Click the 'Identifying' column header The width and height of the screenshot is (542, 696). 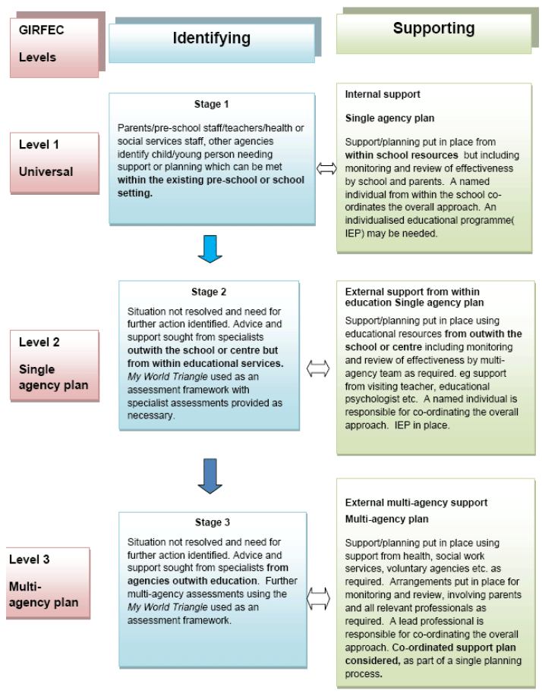212,39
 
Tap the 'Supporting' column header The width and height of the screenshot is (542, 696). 433,28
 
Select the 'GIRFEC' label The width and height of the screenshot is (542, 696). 41,30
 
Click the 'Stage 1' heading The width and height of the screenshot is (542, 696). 212,105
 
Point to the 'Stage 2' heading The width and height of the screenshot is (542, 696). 209,292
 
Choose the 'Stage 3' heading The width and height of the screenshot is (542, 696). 213,522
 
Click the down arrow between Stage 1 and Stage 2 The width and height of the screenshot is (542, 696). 210,249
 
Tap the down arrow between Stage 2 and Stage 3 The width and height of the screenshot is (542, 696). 210,476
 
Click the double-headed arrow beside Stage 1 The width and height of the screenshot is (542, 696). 326,168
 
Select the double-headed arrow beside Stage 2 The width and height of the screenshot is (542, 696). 318,368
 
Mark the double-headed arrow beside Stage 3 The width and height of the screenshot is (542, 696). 319,598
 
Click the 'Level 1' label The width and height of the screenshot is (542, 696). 39,145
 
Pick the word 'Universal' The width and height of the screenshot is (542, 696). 46,172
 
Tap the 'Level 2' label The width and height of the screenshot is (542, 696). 39,342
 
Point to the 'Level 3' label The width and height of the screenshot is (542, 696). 30,560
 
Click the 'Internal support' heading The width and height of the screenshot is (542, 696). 383,95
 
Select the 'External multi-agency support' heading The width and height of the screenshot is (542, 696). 416,503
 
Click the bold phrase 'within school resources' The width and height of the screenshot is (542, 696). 402,155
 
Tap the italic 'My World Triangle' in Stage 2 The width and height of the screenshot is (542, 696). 168,377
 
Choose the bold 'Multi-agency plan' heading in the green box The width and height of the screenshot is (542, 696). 387,519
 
